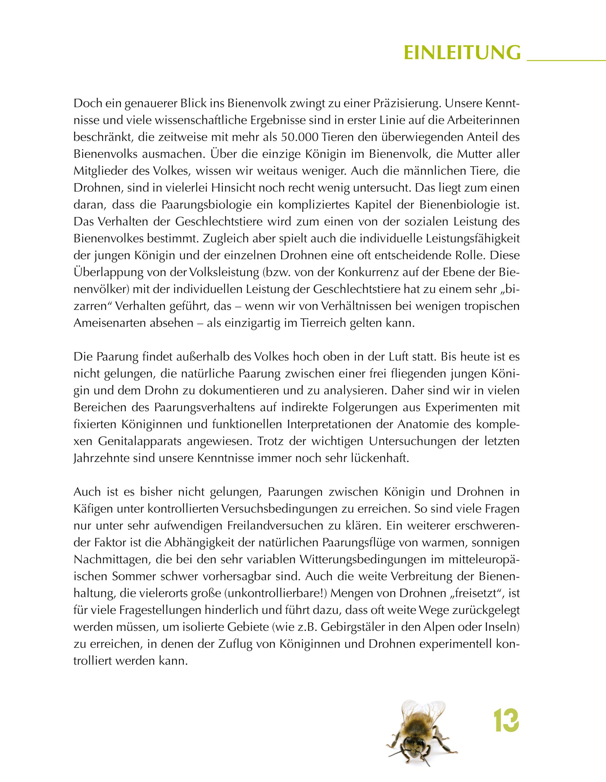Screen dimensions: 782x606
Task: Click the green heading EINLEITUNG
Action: (462, 53)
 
